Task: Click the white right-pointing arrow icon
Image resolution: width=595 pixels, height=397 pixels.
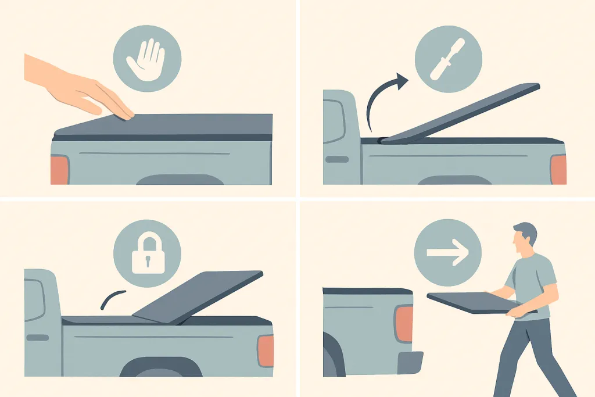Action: point(447,253)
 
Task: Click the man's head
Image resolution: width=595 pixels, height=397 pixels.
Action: point(525,238)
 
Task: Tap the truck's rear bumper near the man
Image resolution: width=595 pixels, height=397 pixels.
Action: point(410,362)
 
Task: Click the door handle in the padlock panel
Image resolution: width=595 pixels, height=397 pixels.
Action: point(38,338)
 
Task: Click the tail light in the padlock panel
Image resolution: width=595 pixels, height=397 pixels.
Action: point(265,351)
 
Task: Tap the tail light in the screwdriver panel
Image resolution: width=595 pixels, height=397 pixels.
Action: point(558,170)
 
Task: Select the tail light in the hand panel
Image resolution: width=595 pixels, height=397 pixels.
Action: point(59,170)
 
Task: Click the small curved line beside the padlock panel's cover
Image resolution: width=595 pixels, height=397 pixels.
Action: point(112,298)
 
